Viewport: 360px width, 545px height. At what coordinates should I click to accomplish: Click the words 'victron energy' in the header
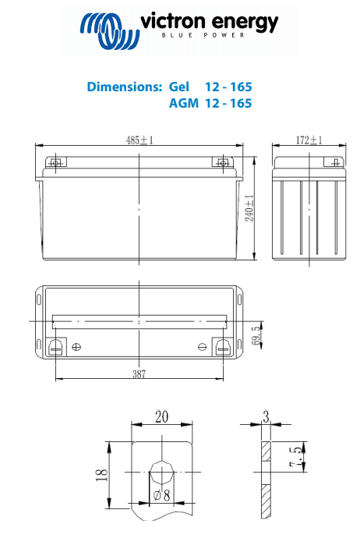[209, 23]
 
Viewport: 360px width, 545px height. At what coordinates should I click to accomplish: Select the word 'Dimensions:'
[124, 87]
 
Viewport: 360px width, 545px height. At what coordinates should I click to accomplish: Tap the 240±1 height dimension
[249, 208]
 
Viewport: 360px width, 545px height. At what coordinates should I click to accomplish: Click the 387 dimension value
[139, 374]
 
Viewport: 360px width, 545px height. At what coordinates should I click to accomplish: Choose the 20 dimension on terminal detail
[161, 417]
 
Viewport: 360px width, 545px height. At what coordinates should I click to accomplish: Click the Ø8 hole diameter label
[161, 495]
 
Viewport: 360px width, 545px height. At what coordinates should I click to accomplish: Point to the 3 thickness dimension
[266, 417]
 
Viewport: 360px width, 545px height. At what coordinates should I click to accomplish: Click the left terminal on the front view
[55, 163]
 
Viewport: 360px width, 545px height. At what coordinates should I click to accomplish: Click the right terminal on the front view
[224, 163]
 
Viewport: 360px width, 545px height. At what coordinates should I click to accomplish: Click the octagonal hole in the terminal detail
[162, 472]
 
